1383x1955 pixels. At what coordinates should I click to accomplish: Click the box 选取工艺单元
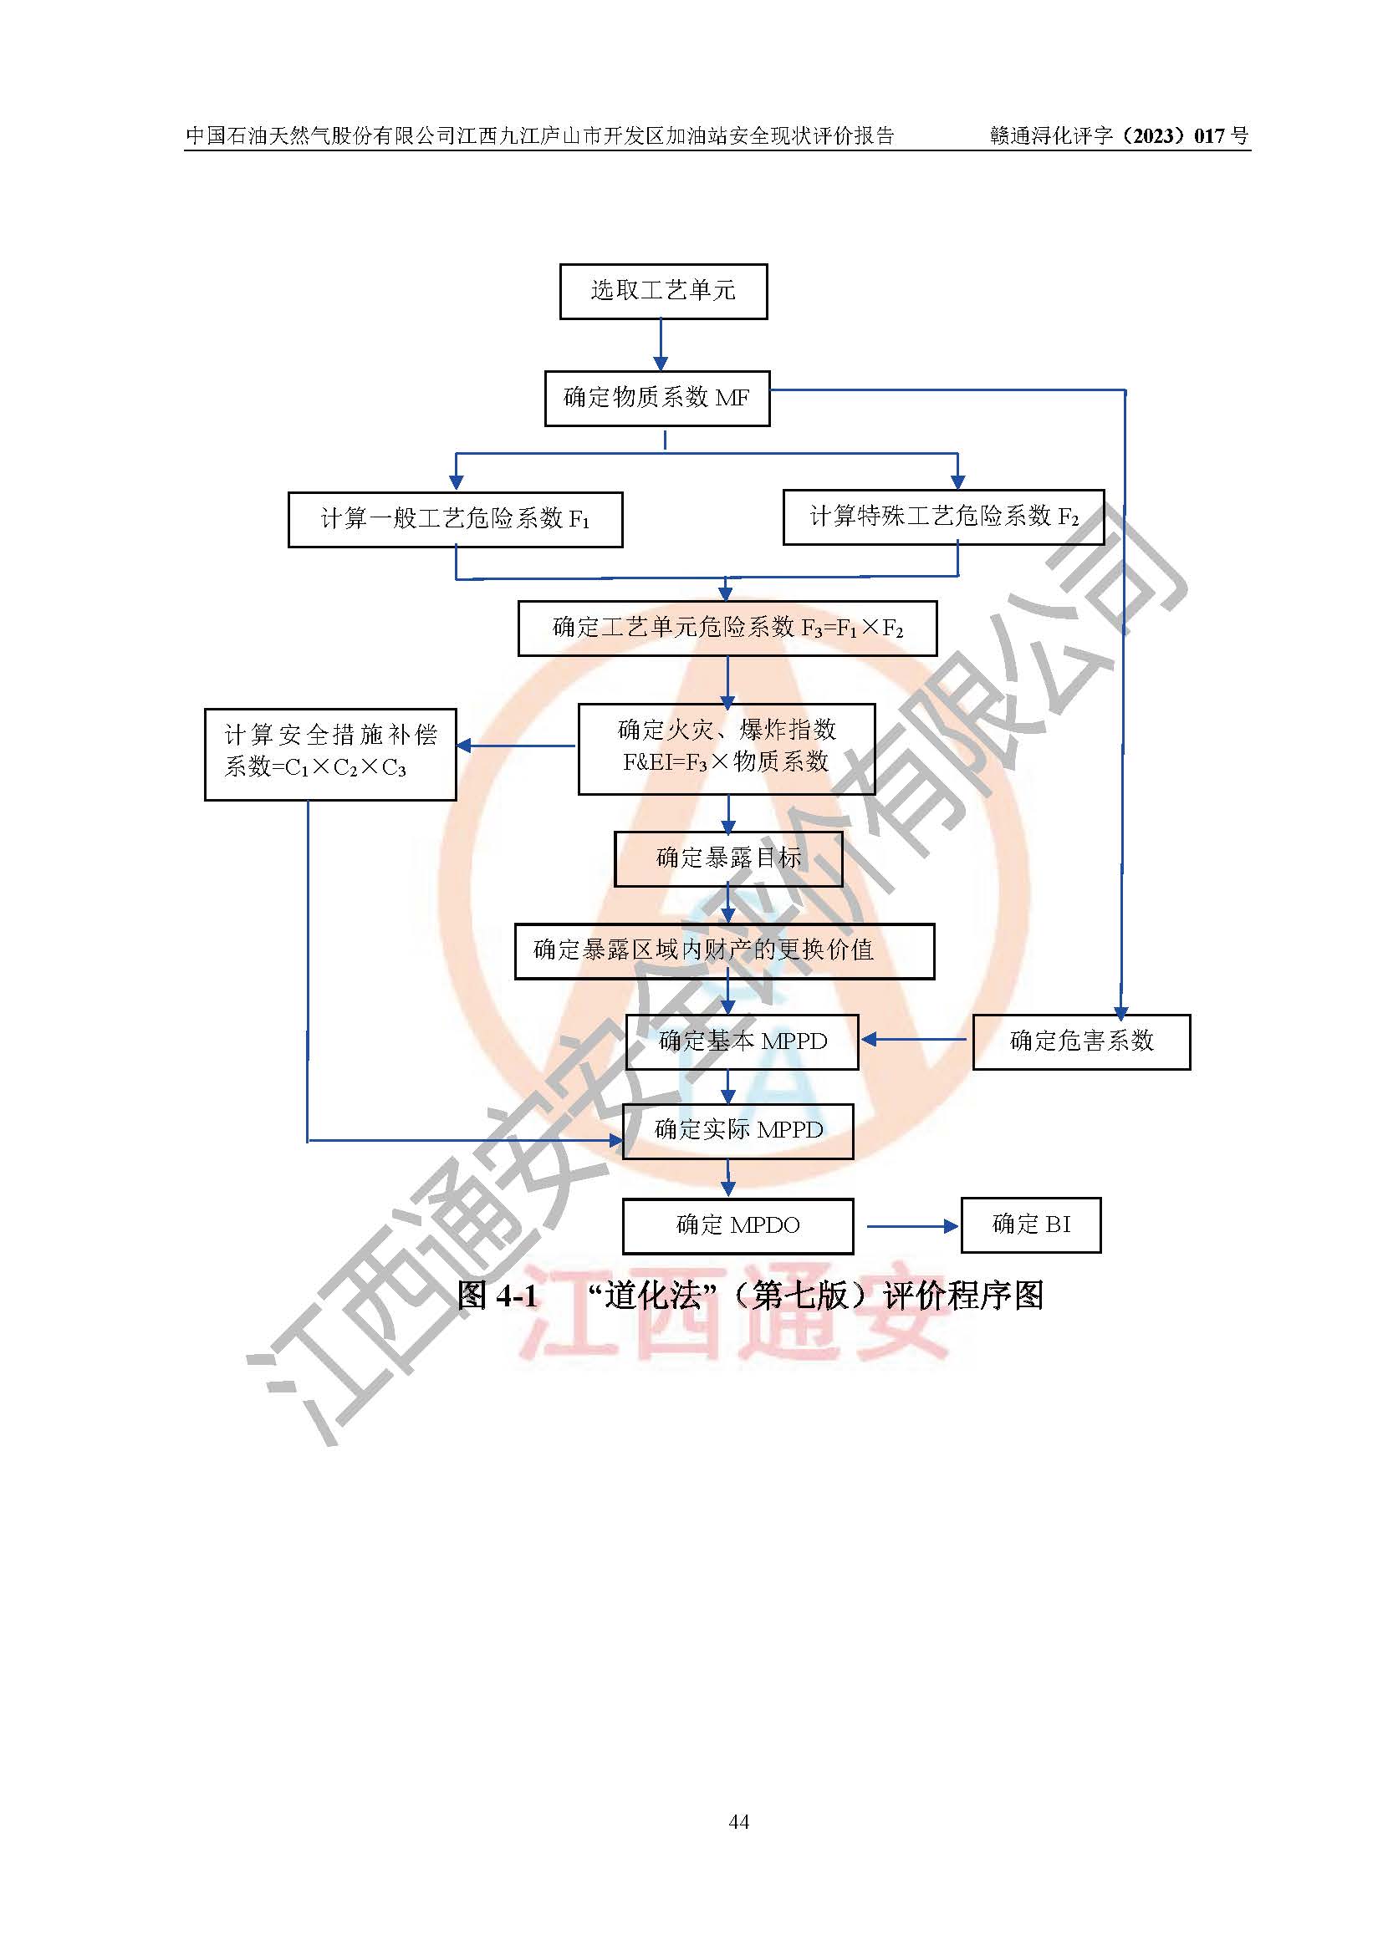662,291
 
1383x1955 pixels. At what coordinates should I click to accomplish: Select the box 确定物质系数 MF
656,398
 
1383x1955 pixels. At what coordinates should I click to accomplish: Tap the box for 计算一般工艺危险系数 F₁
455,518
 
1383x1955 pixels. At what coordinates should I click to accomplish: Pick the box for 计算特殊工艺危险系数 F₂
942,517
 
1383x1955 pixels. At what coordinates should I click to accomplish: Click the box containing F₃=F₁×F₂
727,629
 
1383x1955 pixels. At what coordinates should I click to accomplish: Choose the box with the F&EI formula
727,747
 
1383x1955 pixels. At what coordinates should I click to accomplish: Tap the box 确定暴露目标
728,858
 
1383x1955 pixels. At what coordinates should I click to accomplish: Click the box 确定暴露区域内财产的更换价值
724,950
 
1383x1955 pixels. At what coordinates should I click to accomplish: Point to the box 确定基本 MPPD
742,1041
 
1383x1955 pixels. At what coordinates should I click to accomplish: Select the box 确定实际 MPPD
737,1130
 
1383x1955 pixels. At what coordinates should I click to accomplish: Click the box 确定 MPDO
737,1225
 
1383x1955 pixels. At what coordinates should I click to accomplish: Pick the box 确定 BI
1030,1224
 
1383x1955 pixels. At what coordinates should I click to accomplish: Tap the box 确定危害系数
1080,1041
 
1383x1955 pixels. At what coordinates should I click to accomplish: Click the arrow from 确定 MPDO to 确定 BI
911,1226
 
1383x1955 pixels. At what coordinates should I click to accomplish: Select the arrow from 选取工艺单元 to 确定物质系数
661,344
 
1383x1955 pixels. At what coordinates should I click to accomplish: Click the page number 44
739,1821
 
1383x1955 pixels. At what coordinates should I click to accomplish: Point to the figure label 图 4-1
498,1296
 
